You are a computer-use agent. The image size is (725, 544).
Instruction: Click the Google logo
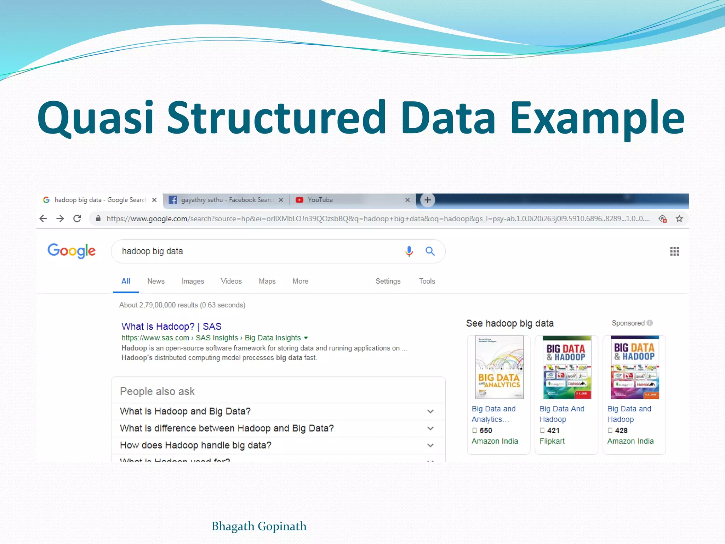pos(72,251)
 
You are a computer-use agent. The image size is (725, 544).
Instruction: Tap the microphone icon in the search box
pos(409,251)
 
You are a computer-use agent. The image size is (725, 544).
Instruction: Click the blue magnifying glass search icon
pos(430,251)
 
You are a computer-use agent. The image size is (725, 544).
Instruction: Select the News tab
pos(156,281)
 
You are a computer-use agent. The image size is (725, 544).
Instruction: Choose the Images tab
pos(193,281)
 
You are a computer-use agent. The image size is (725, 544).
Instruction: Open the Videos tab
pos(231,281)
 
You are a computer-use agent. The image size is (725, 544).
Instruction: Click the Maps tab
pos(267,281)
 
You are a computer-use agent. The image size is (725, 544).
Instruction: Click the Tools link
pos(427,281)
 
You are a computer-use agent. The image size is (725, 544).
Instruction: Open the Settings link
pos(388,281)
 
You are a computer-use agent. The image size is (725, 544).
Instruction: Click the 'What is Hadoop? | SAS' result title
pos(171,326)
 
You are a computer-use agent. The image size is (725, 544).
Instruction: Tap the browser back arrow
pos(43,219)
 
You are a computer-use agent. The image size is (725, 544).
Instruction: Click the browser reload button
pos(77,219)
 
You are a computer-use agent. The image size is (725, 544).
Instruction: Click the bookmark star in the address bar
pos(679,219)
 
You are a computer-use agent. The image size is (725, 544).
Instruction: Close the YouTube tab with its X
pos(407,200)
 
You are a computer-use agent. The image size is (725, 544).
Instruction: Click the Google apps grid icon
pos(674,251)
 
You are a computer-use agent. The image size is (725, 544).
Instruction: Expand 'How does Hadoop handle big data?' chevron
pos(430,445)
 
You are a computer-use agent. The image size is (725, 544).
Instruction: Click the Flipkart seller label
pos(552,441)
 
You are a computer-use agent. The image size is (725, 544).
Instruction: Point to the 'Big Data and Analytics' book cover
pos(499,367)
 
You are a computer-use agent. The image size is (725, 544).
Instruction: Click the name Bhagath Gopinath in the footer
pos(259,526)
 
